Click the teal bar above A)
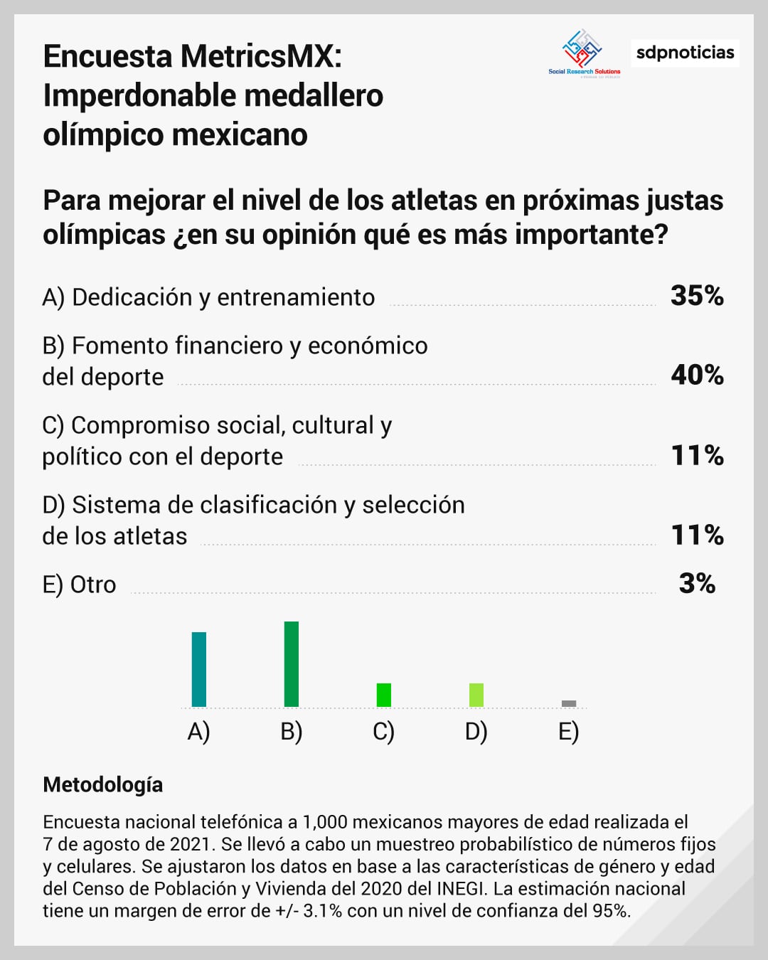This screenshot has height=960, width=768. point(199,669)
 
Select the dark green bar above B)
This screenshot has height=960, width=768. point(292,664)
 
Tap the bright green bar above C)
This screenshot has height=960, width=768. point(384,695)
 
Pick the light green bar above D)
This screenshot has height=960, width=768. point(476,695)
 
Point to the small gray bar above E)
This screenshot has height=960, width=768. point(569,703)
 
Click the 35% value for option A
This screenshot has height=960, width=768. point(697,296)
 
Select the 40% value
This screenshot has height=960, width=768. point(697,375)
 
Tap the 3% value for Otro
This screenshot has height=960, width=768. point(697,584)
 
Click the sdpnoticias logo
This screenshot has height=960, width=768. point(685,53)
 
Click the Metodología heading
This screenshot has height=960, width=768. point(103,784)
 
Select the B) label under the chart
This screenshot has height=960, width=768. point(292,732)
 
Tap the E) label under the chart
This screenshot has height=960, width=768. point(569,732)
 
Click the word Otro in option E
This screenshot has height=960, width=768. point(93,585)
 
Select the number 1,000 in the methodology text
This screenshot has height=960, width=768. point(324,823)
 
